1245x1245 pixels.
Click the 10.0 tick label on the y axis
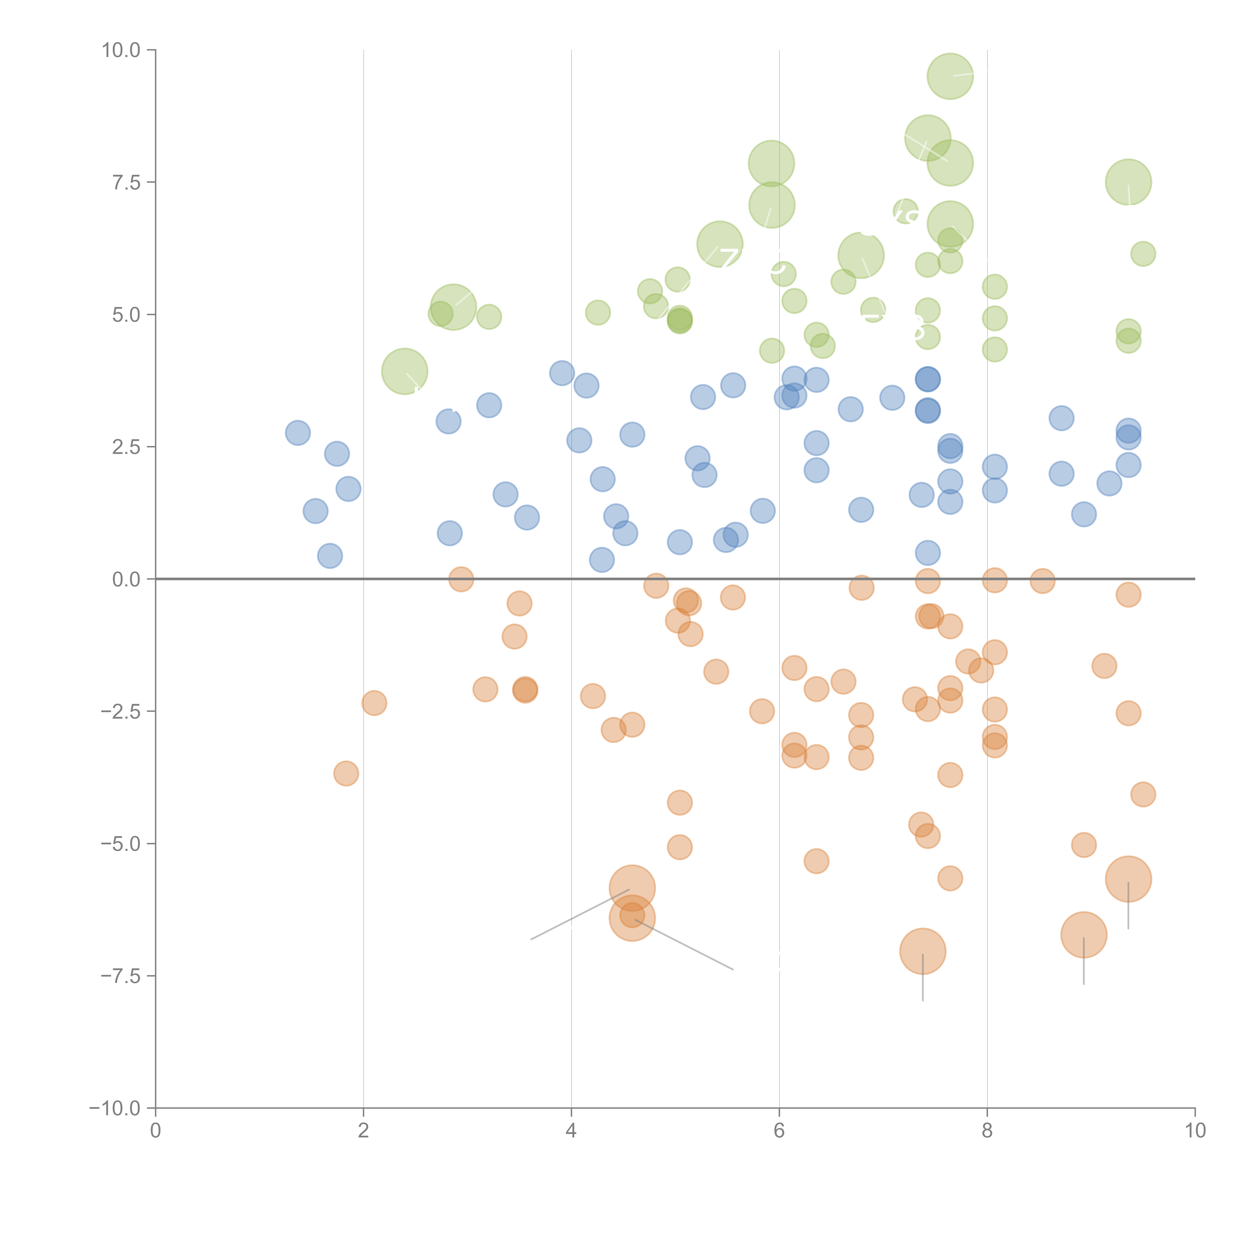click(121, 50)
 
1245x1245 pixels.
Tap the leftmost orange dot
click(346, 773)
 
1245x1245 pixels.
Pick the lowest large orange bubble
click(923, 951)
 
